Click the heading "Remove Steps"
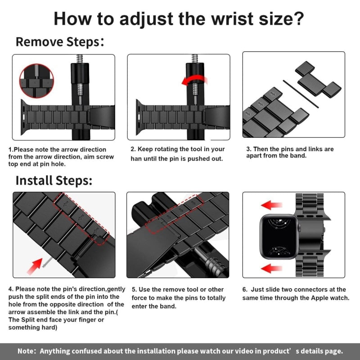point(58,42)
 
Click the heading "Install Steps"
point(54,180)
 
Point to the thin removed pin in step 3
point(301,94)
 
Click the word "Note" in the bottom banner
point(27,351)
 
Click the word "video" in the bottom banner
point(239,351)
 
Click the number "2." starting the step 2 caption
point(133,149)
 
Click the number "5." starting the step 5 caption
point(134,289)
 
